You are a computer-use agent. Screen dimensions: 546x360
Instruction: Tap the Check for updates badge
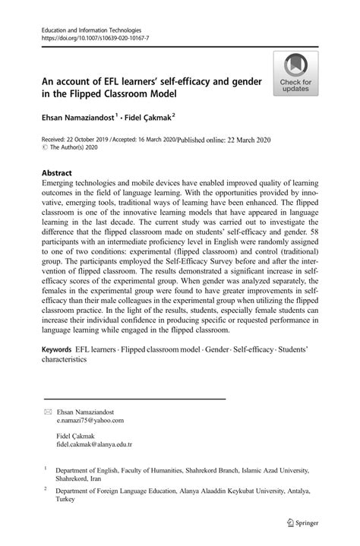[297, 75]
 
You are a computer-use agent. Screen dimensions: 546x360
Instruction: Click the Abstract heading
[60, 172]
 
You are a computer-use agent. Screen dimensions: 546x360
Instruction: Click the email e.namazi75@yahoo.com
[90, 419]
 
